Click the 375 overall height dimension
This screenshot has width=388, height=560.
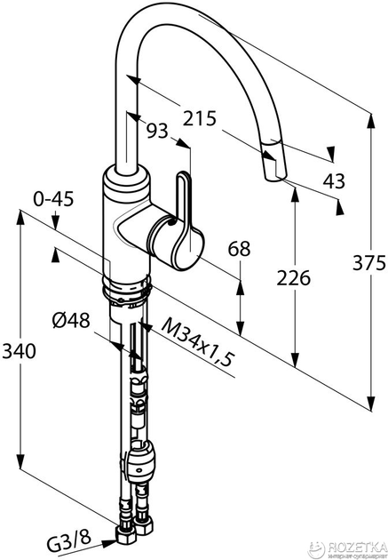(369, 264)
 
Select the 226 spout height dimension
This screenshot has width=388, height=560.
(294, 278)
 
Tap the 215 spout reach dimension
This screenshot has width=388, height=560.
(200, 118)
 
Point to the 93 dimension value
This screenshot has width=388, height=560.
(157, 131)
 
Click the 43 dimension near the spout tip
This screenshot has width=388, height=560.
(334, 180)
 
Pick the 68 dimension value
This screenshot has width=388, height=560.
(240, 248)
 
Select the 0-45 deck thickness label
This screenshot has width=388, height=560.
(53, 198)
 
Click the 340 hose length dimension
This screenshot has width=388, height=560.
(19, 351)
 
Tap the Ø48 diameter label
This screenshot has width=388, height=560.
(71, 320)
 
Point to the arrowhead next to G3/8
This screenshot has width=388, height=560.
(108, 544)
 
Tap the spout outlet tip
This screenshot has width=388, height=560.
(275, 178)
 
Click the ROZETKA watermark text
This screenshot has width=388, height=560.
(356, 546)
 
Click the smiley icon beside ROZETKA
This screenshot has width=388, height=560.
(317, 548)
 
